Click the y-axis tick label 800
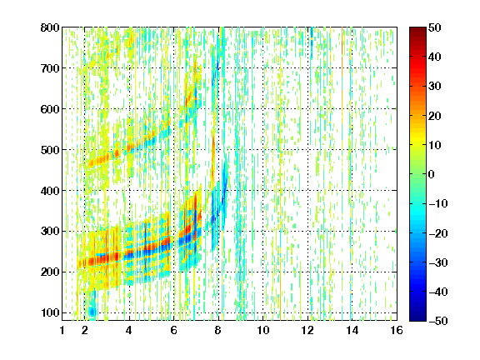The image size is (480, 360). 50,27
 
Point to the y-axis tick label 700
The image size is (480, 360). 50,68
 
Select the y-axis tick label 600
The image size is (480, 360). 50,109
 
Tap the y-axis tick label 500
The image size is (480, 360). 50,150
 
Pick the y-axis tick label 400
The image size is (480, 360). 50,191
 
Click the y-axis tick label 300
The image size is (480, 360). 50,232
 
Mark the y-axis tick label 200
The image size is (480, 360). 50,272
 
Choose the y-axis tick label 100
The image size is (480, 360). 50,312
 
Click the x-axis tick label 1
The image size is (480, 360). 62,330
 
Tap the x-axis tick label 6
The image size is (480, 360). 174,330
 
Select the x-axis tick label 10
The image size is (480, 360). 263,330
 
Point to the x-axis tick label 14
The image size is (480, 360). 352,330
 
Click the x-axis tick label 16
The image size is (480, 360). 397,330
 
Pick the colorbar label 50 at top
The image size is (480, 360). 435,27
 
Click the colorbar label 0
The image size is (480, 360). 432,174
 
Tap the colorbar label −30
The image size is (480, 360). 438,262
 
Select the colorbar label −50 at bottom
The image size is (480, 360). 438,321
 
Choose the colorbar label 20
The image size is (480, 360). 435,116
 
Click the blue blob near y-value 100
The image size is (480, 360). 92,312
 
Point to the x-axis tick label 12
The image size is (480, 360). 307,330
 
